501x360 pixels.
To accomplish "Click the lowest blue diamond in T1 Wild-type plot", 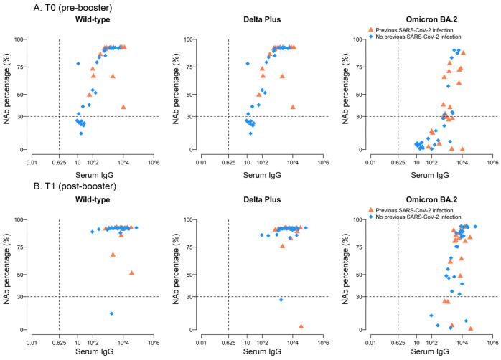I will tap(111, 313).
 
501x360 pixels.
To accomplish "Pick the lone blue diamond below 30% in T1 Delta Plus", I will tap(281, 300).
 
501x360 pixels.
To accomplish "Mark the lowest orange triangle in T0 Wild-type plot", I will tap(123, 107).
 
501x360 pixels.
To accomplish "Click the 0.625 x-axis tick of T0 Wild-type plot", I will tap(58, 160).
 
